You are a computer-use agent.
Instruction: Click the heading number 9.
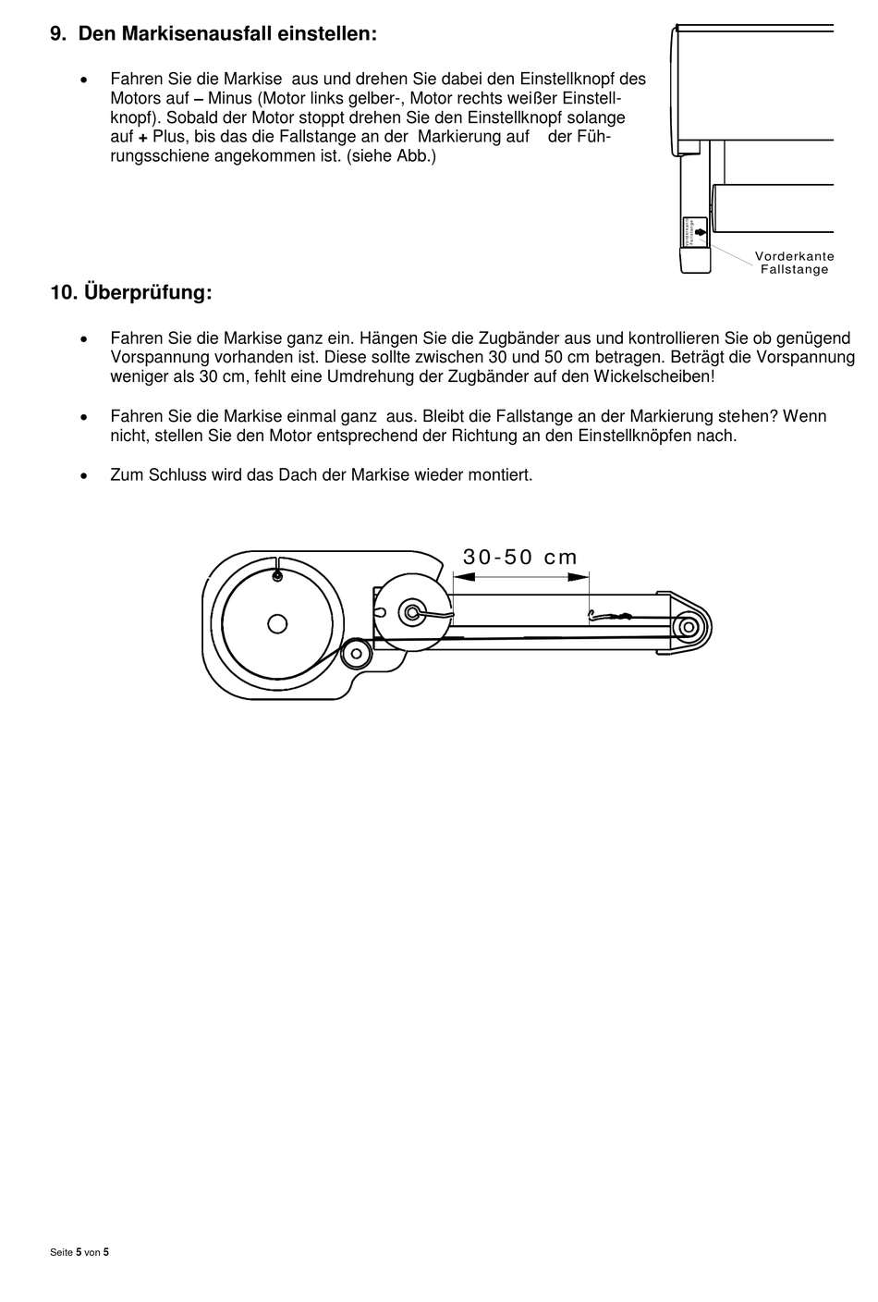[57, 34]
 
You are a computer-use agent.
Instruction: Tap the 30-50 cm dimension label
[520, 557]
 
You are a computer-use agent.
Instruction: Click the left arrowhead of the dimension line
[463, 577]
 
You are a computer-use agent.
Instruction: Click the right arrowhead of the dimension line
[579, 577]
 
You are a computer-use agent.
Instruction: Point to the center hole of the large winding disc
[276, 623]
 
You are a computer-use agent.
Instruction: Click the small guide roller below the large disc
[355, 655]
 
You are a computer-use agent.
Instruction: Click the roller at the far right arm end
[688, 628]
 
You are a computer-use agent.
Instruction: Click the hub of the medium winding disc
[411, 611]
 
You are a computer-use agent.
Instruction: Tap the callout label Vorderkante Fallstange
[794, 263]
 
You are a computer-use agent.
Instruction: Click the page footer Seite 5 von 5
[79, 1252]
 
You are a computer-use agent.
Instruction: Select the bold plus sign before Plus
[143, 137]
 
